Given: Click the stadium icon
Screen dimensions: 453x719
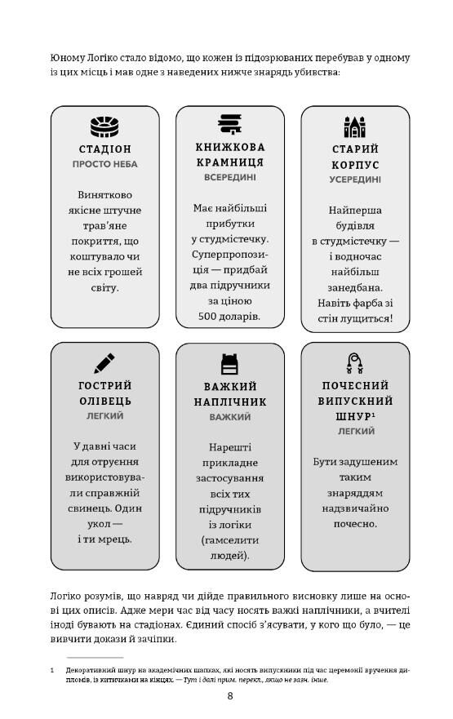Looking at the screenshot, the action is coord(104,126).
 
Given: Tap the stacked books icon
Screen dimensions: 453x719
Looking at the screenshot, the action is coord(230,124).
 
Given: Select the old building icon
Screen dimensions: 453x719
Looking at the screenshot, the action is coord(354,126).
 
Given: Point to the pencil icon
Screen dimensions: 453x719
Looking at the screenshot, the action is coord(104,362).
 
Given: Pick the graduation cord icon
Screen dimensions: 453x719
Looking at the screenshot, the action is coord(354,361).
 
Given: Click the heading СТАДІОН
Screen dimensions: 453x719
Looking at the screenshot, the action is coord(104,149).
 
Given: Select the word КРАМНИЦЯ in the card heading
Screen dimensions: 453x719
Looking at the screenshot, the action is coord(230,162).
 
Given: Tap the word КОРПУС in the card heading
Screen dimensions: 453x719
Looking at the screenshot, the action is coord(355,164).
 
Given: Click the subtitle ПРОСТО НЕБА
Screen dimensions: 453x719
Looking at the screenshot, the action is coord(104,164).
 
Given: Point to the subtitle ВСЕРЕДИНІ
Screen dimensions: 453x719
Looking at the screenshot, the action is coord(230,176).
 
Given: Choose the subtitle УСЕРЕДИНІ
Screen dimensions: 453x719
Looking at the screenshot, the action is coord(355,179).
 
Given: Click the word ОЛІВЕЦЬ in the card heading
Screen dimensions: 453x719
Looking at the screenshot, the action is coord(104,401).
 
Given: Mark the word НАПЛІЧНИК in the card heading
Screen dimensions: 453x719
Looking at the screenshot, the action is coord(230,402).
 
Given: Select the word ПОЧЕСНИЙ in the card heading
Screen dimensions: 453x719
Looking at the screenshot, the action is coord(355,385).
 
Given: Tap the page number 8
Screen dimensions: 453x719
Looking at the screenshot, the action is coord(230,695).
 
